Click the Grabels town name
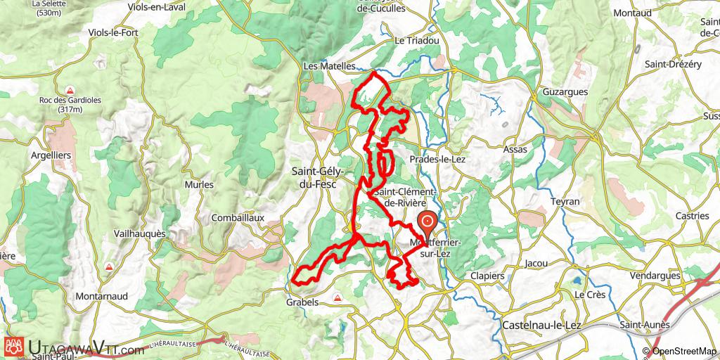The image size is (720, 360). coord(302,302)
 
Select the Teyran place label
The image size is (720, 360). coord(565,201)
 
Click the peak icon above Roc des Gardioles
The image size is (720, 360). coord(70,90)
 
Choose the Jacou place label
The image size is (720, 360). coord(536,264)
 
